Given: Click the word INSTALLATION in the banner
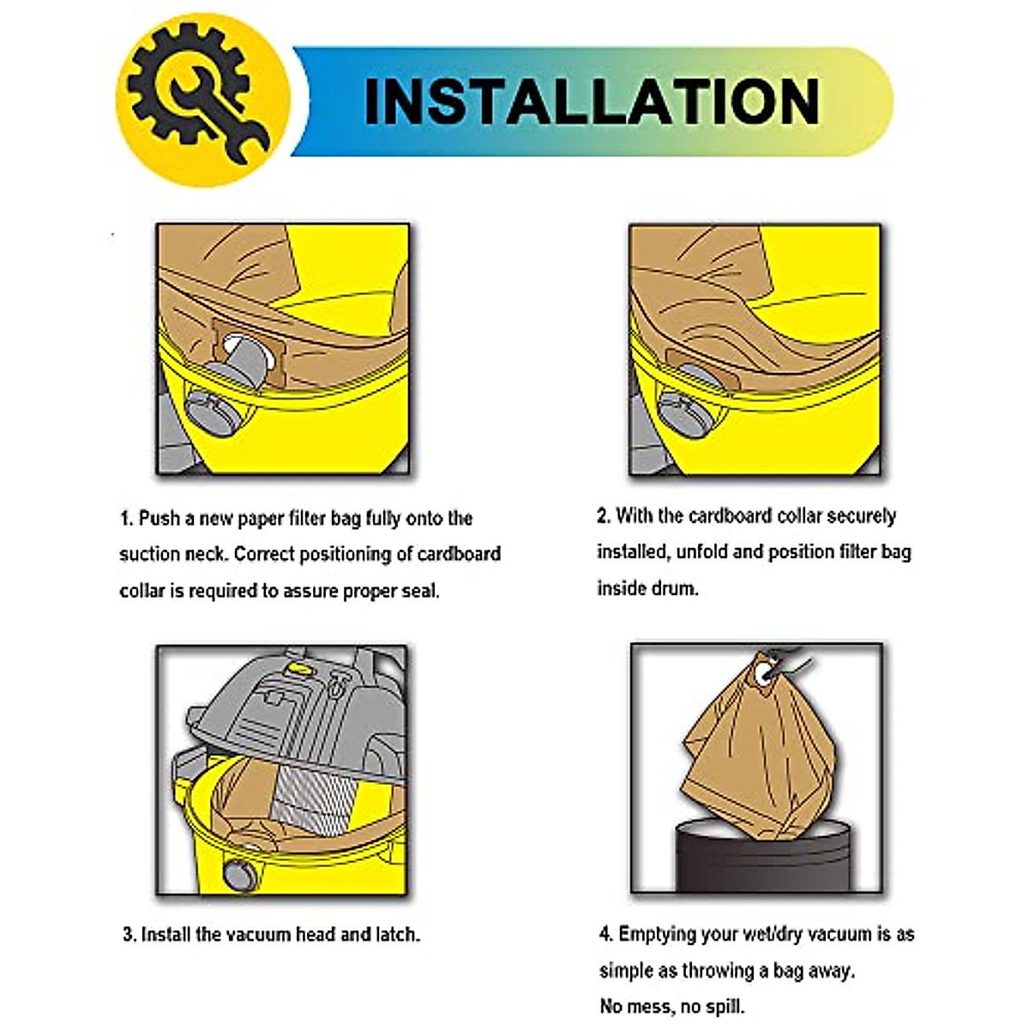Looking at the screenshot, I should coord(592,102).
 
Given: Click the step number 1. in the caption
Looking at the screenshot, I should coord(127,519).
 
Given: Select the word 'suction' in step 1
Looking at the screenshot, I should coord(148,555).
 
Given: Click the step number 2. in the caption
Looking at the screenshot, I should coord(604,516).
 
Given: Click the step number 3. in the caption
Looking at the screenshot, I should coord(129,935).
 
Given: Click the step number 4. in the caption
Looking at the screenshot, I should coord(606,934).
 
